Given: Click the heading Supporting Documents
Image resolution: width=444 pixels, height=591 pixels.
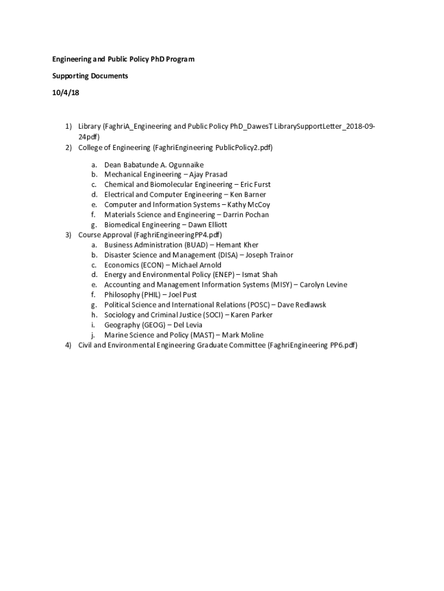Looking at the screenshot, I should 90,76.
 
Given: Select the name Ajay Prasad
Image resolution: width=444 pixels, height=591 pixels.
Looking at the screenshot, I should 208,174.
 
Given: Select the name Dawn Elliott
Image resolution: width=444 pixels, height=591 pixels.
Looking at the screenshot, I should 207,225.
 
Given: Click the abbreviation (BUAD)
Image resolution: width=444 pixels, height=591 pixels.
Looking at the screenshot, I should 196,245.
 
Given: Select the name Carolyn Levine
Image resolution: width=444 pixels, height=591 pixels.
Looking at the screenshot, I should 323,285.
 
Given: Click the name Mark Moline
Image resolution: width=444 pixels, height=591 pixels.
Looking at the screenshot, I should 243,335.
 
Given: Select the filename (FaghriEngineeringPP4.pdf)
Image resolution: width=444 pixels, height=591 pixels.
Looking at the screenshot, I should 178,235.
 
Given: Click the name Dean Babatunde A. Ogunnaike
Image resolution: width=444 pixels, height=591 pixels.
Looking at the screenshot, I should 154,164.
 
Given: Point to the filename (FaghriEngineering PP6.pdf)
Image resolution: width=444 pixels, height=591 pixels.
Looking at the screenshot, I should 313,345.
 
